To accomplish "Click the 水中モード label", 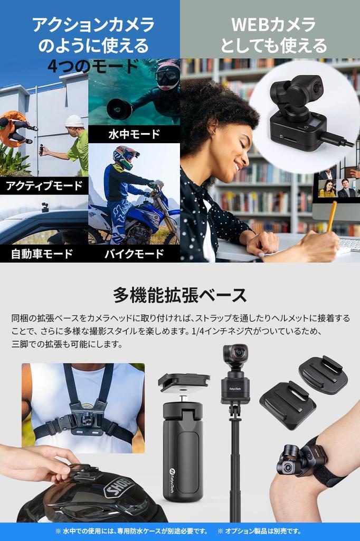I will pyautogui.click(x=134, y=134).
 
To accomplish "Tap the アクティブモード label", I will pyautogui.click(x=44, y=185).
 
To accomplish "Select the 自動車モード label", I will pyautogui.click(x=42, y=254).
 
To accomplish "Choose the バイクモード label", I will pyautogui.click(x=134, y=254).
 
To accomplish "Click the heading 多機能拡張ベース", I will pyautogui.click(x=179, y=294).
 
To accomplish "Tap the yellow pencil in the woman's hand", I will pyautogui.click(x=331, y=216).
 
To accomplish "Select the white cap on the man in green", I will pyautogui.click(x=74, y=121).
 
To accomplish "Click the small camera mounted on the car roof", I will pyautogui.click(x=45, y=207).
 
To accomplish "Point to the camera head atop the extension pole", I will pyautogui.click(x=235, y=355).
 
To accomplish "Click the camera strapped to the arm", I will pyautogui.click(x=293, y=460).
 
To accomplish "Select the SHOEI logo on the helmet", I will pyautogui.click(x=119, y=487).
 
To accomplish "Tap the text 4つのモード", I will pyautogui.click(x=93, y=67).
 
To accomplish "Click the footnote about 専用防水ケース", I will pyautogui.click(x=132, y=531).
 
